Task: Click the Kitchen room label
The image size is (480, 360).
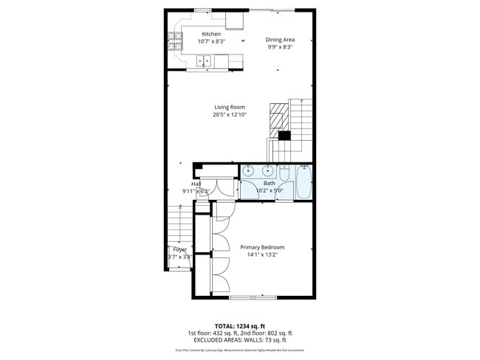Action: point(211,34)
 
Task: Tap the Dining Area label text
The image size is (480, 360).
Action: point(281,40)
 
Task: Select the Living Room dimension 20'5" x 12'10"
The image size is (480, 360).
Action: point(229,114)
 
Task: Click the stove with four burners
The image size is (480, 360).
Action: point(176,44)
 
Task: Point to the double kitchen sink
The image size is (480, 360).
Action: point(206,62)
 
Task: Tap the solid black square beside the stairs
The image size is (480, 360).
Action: point(284,134)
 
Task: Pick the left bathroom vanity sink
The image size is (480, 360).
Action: point(248,171)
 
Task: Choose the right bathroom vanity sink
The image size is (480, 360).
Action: point(267,171)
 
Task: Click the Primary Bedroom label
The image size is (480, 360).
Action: point(262,247)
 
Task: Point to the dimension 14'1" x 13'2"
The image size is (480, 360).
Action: point(262,255)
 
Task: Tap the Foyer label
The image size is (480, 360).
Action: point(179,249)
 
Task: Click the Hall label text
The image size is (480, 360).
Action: point(196,184)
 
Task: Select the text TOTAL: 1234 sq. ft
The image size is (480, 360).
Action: point(239,325)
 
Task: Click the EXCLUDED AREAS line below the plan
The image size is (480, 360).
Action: point(239,339)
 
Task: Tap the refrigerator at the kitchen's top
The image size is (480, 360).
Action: point(236,18)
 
